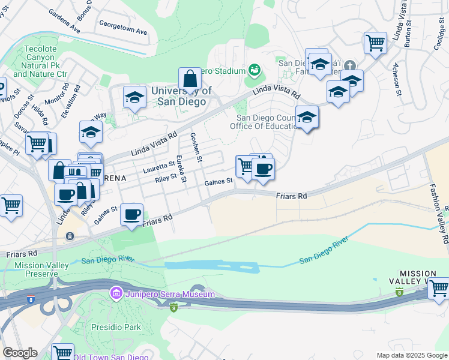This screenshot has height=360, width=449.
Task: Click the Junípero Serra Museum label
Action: tap(169, 294)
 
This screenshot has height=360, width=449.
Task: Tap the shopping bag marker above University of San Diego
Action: tap(190, 79)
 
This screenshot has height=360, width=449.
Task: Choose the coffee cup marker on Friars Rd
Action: tap(132, 214)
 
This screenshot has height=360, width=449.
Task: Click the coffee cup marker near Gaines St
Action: tap(262, 169)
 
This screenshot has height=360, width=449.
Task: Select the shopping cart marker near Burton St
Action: tap(375, 43)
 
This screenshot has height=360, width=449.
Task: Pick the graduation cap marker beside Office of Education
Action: tap(307, 118)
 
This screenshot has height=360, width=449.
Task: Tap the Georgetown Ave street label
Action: tap(123, 29)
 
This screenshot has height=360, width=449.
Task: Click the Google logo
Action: tap(20, 353)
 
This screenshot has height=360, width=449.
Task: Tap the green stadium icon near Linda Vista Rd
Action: tap(255, 71)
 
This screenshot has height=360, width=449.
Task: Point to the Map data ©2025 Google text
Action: tap(411, 355)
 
